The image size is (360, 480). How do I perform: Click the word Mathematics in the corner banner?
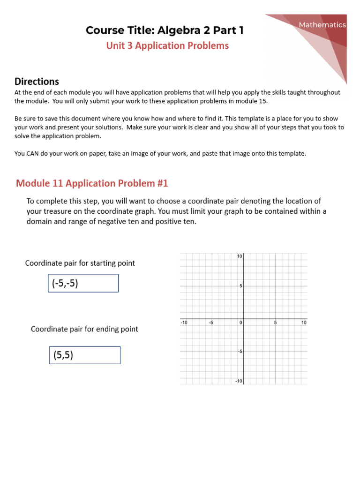tap(323, 25)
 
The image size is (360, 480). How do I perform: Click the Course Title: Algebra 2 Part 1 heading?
tap(165, 30)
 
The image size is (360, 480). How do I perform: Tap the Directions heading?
tap(37, 82)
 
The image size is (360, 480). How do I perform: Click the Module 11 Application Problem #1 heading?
tap(92, 183)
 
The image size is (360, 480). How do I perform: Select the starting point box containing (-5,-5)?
tap(83, 283)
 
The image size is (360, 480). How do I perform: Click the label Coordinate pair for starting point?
tap(80, 263)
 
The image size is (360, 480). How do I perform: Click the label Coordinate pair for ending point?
tap(84, 329)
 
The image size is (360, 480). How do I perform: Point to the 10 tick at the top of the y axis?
tap(239, 256)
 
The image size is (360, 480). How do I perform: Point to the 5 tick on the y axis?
tap(240, 286)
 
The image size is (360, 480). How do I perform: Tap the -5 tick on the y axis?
tap(239, 352)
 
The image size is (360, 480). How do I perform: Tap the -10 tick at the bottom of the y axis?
tap(238, 381)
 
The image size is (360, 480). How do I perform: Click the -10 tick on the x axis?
tap(184, 322)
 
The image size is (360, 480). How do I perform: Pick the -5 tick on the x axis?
tap(211, 322)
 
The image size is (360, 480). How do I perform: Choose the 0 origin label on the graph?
tap(240, 322)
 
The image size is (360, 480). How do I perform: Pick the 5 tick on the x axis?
tap(276, 322)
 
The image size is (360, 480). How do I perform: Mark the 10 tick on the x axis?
tap(304, 322)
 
